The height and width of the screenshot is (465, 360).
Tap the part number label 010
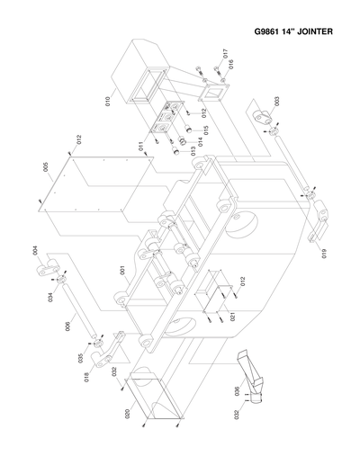click(106, 102)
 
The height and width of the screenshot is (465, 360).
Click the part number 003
click(276, 102)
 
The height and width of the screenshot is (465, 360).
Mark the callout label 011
click(140, 146)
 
